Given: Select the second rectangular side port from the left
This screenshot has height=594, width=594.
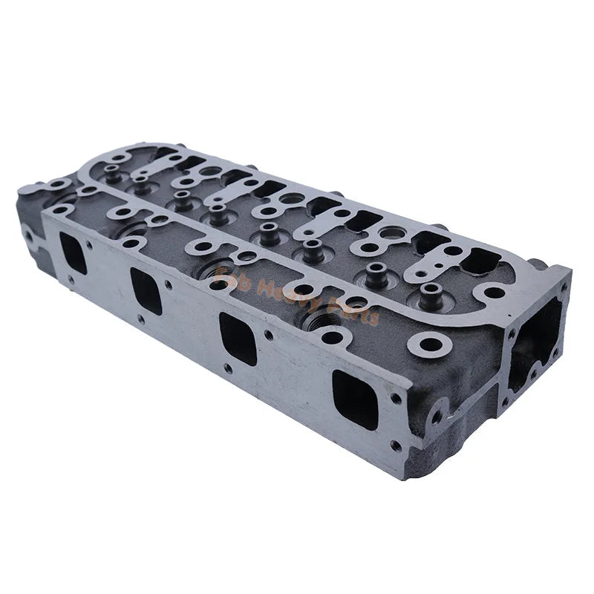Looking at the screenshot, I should pos(146,290).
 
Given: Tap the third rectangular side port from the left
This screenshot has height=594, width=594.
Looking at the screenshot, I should pos(238,339).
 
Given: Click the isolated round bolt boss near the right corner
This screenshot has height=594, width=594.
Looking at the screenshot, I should pos(431,344).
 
